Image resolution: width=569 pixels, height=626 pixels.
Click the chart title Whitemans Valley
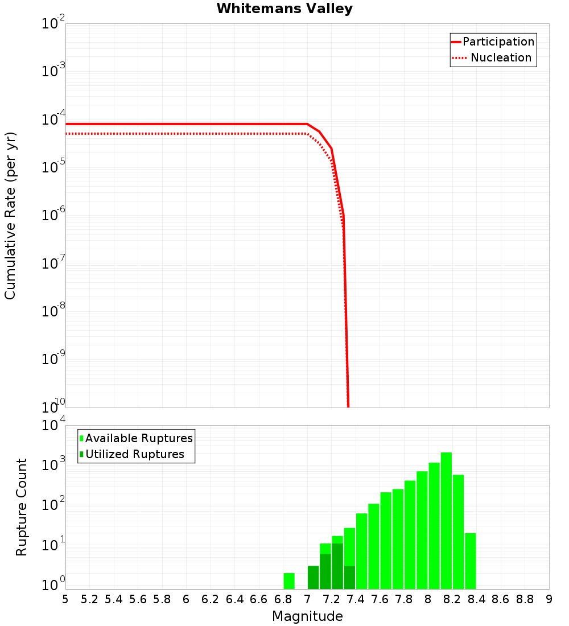click(x=284, y=9)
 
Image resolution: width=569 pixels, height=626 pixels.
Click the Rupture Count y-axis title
click(x=22, y=507)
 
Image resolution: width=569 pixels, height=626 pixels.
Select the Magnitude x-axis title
click(x=307, y=616)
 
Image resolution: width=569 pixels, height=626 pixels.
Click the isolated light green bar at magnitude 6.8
click(x=289, y=581)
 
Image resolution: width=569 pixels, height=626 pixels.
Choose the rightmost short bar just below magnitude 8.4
click(x=470, y=561)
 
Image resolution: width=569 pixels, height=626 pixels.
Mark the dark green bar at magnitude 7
click(x=313, y=578)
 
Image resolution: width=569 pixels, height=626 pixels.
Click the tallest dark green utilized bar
click(x=337, y=566)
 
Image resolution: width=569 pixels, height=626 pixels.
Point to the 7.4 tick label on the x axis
click(x=356, y=599)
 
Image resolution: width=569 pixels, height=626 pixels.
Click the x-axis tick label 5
click(x=65, y=599)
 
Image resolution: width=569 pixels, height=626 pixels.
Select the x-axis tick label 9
click(x=549, y=599)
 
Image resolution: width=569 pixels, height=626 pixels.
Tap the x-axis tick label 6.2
click(x=211, y=599)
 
